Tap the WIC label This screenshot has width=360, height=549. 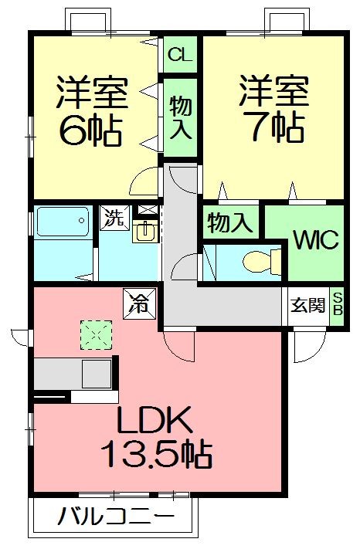[x=314, y=240]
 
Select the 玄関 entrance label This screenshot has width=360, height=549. [x=307, y=306]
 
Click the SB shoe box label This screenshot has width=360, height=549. [x=338, y=305]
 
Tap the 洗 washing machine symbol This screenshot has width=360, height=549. [x=114, y=218]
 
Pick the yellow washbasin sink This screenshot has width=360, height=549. [x=144, y=231]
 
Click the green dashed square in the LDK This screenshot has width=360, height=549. [x=97, y=334]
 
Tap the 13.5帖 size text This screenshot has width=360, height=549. [x=157, y=454]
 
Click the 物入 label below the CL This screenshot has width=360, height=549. [x=180, y=117]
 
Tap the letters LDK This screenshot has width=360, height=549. [x=154, y=420]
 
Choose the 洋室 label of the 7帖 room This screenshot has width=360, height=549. [x=273, y=92]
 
